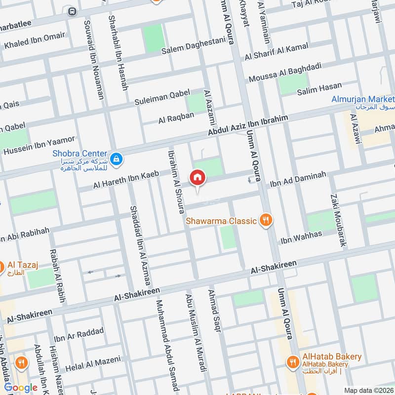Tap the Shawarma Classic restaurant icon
[x=266, y=220]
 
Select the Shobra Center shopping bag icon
[x=117, y=159]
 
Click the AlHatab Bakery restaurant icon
[x=293, y=362]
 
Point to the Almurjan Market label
[x=362, y=100]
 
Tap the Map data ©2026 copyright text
[x=368, y=390]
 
